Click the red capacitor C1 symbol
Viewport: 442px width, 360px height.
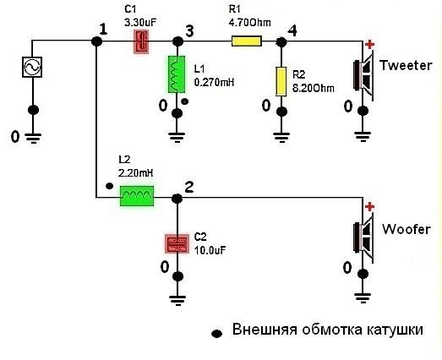point(141,41)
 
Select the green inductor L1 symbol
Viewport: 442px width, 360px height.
point(177,74)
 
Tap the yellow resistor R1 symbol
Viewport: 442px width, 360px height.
point(247,41)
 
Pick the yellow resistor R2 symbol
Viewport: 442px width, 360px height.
point(281,81)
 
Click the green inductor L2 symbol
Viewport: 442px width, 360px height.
point(137,196)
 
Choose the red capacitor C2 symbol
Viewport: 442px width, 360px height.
point(177,244)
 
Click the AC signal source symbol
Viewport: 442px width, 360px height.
point(32,67)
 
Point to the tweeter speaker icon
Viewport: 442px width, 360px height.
point(363,75)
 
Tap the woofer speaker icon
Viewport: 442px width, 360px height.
point(363,238)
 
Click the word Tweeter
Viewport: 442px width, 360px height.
point(406,65)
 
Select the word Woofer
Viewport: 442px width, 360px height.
point(407,229)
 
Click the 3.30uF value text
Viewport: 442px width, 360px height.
point(140,22)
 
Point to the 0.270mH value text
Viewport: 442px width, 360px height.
point(214,82)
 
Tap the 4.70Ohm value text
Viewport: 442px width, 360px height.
point(250,22)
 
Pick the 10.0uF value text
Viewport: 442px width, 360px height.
point(210,250)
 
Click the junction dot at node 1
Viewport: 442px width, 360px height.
point(96,41)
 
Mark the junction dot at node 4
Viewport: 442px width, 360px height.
point(281,42)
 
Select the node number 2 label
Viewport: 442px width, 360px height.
point(188,187)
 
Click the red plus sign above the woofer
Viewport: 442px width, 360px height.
point(369,207)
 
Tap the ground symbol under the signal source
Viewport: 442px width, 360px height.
point(33,138)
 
